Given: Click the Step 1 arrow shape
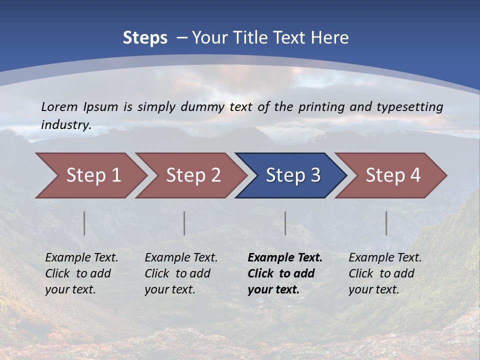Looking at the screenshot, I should pyautogui.click(x=93, y=175).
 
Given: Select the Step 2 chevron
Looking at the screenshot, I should pyautogui.click(x=193, y=175).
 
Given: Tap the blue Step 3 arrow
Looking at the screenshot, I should pyautogui.click(x=293, y=175).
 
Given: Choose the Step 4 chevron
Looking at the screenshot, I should pyautogui.click(x=393, y=175).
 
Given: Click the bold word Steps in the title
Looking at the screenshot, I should pyautogui.click(x=145, y=38).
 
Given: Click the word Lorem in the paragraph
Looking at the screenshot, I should pyautogui.click(x=59, y=106).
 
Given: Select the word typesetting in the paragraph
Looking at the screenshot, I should pyautogui.click(x=409, y=106).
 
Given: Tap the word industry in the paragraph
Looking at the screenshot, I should pyautogui.click(x=66, y=125).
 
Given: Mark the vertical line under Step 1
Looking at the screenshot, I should pyautogui.click(x=84, y=223).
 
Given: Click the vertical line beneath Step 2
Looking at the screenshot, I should pyautogui.click(x=184, y=223).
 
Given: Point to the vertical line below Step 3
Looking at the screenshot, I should pyautogui.click(x=285, y=223).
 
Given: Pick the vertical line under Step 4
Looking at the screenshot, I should pyautogui.click(x=386, y=223).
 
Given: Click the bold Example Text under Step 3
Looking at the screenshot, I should pyautogui.click(x=285, y=258).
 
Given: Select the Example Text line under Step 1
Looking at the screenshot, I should pyautogui.click(x=81, y=258).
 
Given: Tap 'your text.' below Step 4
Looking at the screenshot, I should pyautogui.click(x=373, y=289).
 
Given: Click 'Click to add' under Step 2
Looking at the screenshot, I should pyautogui.click(x=177, y=273).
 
